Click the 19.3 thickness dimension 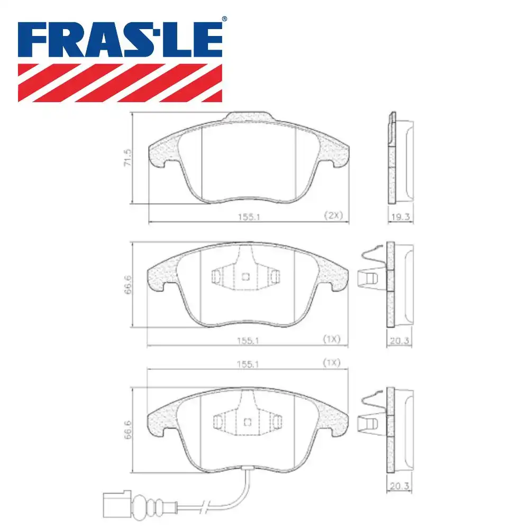click(399, 216)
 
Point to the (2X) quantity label click(334, 215)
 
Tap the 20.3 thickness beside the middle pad click(399, 341)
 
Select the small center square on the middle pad click(245, 276)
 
